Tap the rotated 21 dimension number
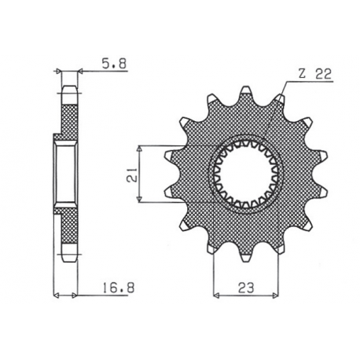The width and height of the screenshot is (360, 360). (129, 174)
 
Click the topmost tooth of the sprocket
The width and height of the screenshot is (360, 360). (246, 93)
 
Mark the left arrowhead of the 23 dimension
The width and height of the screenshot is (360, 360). (216, 296)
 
